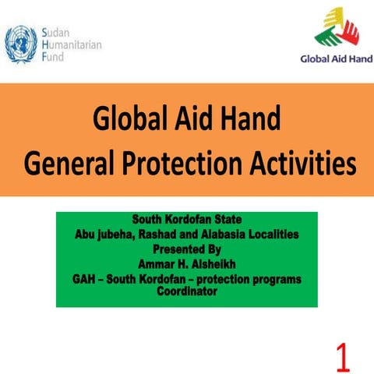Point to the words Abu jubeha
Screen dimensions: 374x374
tap(104, 233)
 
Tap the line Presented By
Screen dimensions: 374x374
tap(187, 249)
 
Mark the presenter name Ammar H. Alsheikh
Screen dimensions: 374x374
tap(187, 264)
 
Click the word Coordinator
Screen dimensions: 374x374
tap(187, 291)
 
